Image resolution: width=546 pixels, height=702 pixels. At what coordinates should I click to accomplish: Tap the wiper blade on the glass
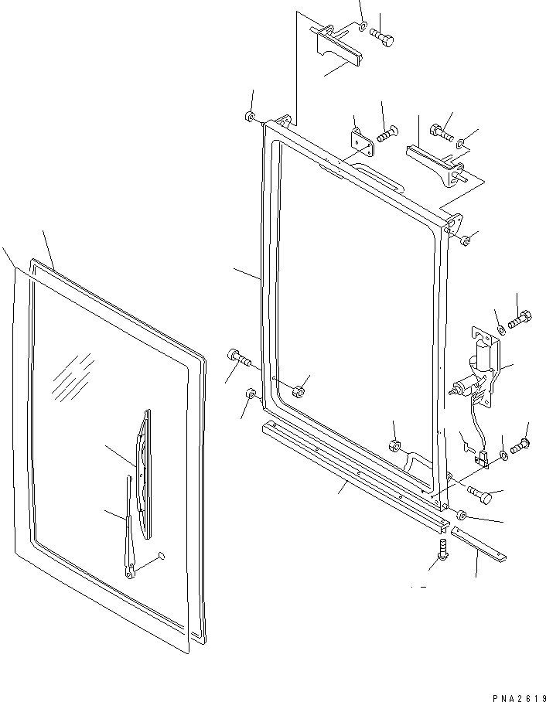click(x=143, y=472)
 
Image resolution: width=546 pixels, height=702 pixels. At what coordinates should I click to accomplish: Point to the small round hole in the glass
click(x=161, y=554)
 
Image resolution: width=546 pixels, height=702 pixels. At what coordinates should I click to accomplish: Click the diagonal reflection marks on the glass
click(x=73, y=377)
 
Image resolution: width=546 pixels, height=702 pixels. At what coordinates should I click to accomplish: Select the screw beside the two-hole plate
click(x=386, y=134)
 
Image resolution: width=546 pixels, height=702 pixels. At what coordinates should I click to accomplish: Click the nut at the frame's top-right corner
click(x=465, y=241)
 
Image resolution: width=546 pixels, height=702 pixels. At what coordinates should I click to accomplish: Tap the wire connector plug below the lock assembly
click(x=484, y=462)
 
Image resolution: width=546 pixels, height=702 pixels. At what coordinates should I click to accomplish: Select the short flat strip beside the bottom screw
click(x=479, y=543)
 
